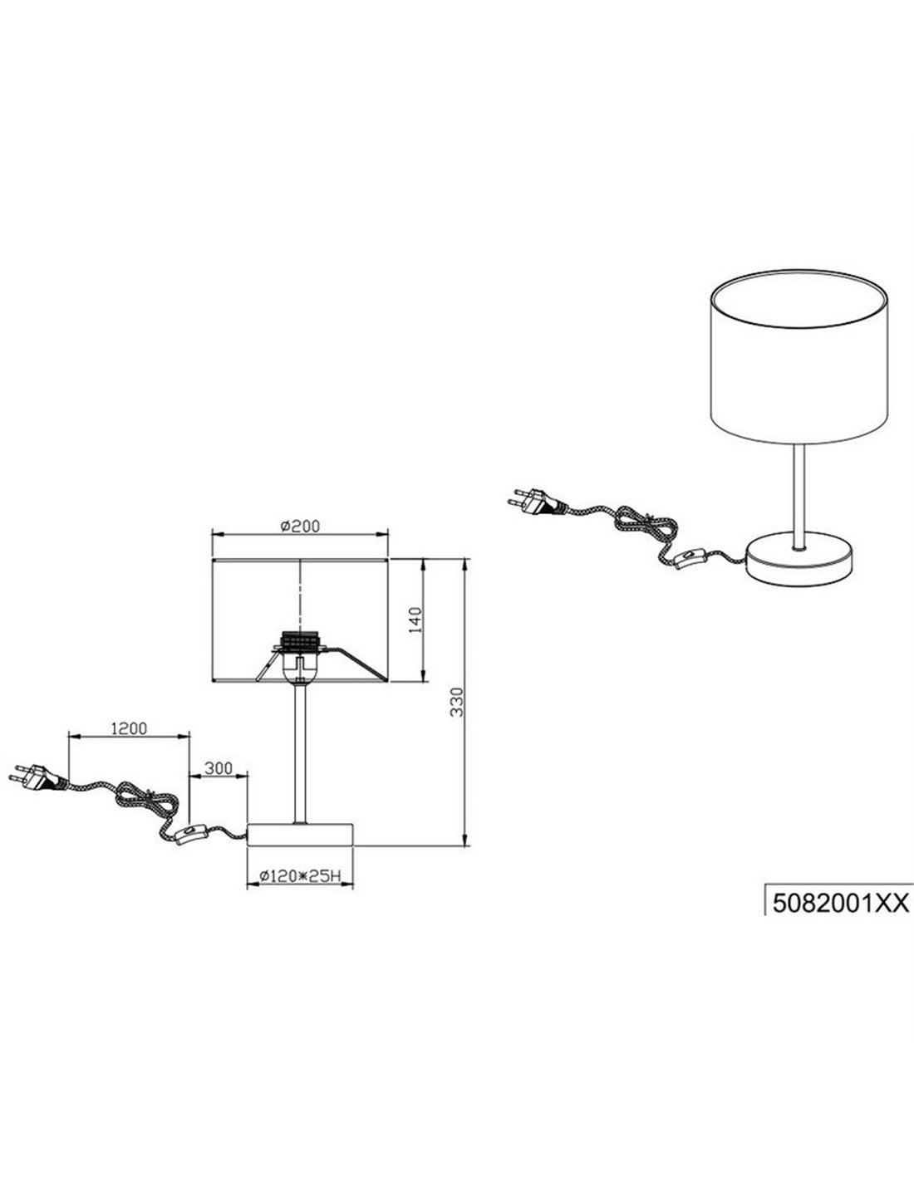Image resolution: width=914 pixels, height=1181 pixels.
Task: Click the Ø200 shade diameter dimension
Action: (300, 526)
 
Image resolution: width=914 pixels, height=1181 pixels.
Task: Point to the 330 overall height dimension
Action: (457, 702)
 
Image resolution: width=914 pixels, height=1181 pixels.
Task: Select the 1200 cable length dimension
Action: (129, 728)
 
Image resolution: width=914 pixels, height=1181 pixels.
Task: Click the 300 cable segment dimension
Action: (218, 768)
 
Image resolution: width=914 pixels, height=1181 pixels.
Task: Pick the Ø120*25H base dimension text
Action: (300, 876)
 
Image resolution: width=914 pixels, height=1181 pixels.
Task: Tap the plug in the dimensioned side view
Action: (37, 777)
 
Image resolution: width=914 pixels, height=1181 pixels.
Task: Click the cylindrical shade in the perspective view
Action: (799, 356)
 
